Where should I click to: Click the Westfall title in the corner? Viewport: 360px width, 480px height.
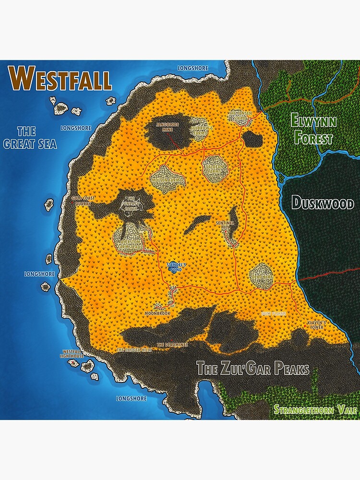coord(60,78)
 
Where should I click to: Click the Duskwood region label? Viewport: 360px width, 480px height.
coord(323,203)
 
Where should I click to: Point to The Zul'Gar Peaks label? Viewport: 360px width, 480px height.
coord(252,369)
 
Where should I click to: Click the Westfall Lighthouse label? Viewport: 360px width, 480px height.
coord(71,354)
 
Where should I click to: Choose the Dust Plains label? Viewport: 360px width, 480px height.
coord(274,313)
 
